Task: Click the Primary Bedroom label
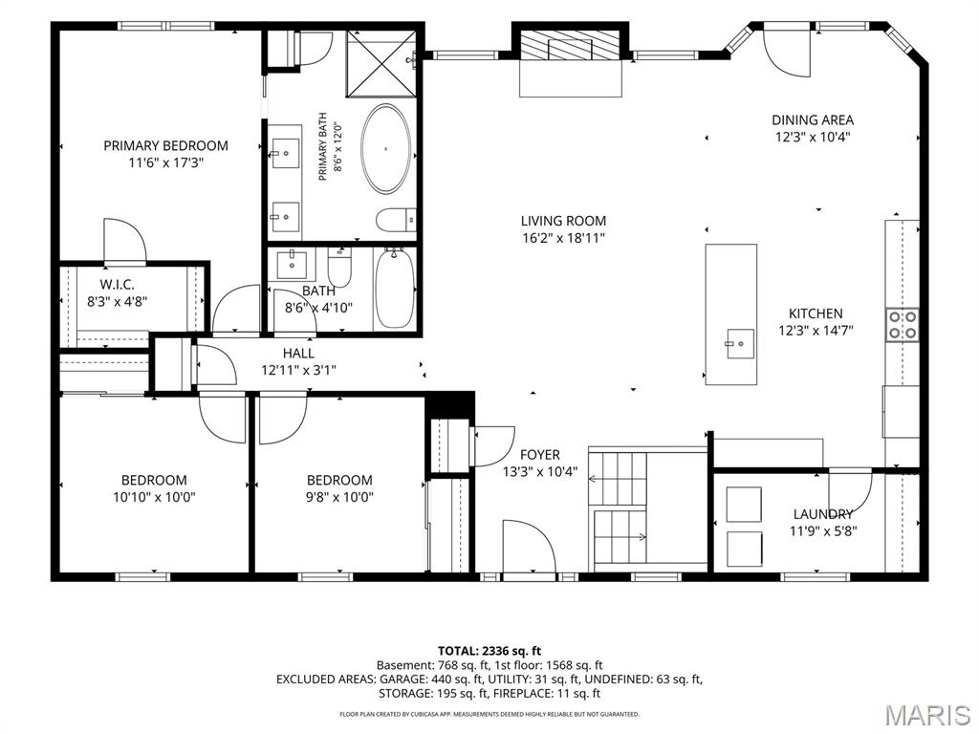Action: tap(165, 145)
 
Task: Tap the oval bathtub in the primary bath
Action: tap(387, 148)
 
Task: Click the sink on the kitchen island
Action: tap(739, 344)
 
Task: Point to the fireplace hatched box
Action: tap(570, 45)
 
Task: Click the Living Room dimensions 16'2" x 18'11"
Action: tap(563, 238)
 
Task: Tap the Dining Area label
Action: tap(813, 119)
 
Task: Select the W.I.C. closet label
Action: tap(117, 285)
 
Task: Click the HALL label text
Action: tap(298, 354)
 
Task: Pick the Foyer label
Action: tap(540, 455)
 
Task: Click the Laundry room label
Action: tap(823, 514)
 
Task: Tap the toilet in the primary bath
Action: tap(396, 220)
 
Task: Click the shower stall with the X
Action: tap(381, 64)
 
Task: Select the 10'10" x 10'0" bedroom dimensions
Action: tap(154, 497)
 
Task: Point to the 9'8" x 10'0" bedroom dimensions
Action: tap(339, 497)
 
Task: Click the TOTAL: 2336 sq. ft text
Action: tap(489, 652)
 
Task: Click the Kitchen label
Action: tap(816, 313)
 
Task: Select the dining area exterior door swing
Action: tap(788, 54)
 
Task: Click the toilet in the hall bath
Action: tap(340, 267)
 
